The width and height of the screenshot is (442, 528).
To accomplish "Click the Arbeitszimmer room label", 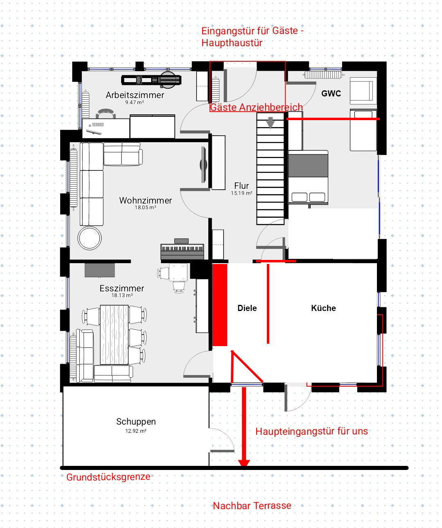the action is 135,95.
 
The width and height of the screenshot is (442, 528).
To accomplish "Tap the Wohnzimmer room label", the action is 145,200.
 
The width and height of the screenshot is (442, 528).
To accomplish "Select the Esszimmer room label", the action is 122,288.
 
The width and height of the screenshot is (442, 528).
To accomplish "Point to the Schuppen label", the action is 136,421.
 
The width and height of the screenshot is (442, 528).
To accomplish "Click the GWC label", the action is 331,94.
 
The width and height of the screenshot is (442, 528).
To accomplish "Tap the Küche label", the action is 323,308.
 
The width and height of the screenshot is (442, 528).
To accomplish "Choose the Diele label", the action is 247,308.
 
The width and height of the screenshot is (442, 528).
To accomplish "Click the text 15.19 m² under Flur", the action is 241,193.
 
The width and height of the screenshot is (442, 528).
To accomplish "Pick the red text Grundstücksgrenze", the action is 108,477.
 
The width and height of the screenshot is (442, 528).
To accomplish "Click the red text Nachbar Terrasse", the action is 252,506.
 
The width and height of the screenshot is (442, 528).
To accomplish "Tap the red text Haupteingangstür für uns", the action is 311,431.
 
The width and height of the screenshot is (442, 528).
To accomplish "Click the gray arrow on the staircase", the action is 271,123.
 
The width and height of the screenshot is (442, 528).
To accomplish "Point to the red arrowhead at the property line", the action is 244,463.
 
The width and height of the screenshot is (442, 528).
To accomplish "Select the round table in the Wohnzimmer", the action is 89,238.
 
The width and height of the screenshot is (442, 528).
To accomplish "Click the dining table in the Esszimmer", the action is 114,335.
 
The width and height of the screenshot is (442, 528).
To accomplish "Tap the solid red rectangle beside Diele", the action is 220,305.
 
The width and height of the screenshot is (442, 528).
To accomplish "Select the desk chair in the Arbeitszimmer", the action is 106,114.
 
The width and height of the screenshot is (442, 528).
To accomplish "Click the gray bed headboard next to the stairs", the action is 308,166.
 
